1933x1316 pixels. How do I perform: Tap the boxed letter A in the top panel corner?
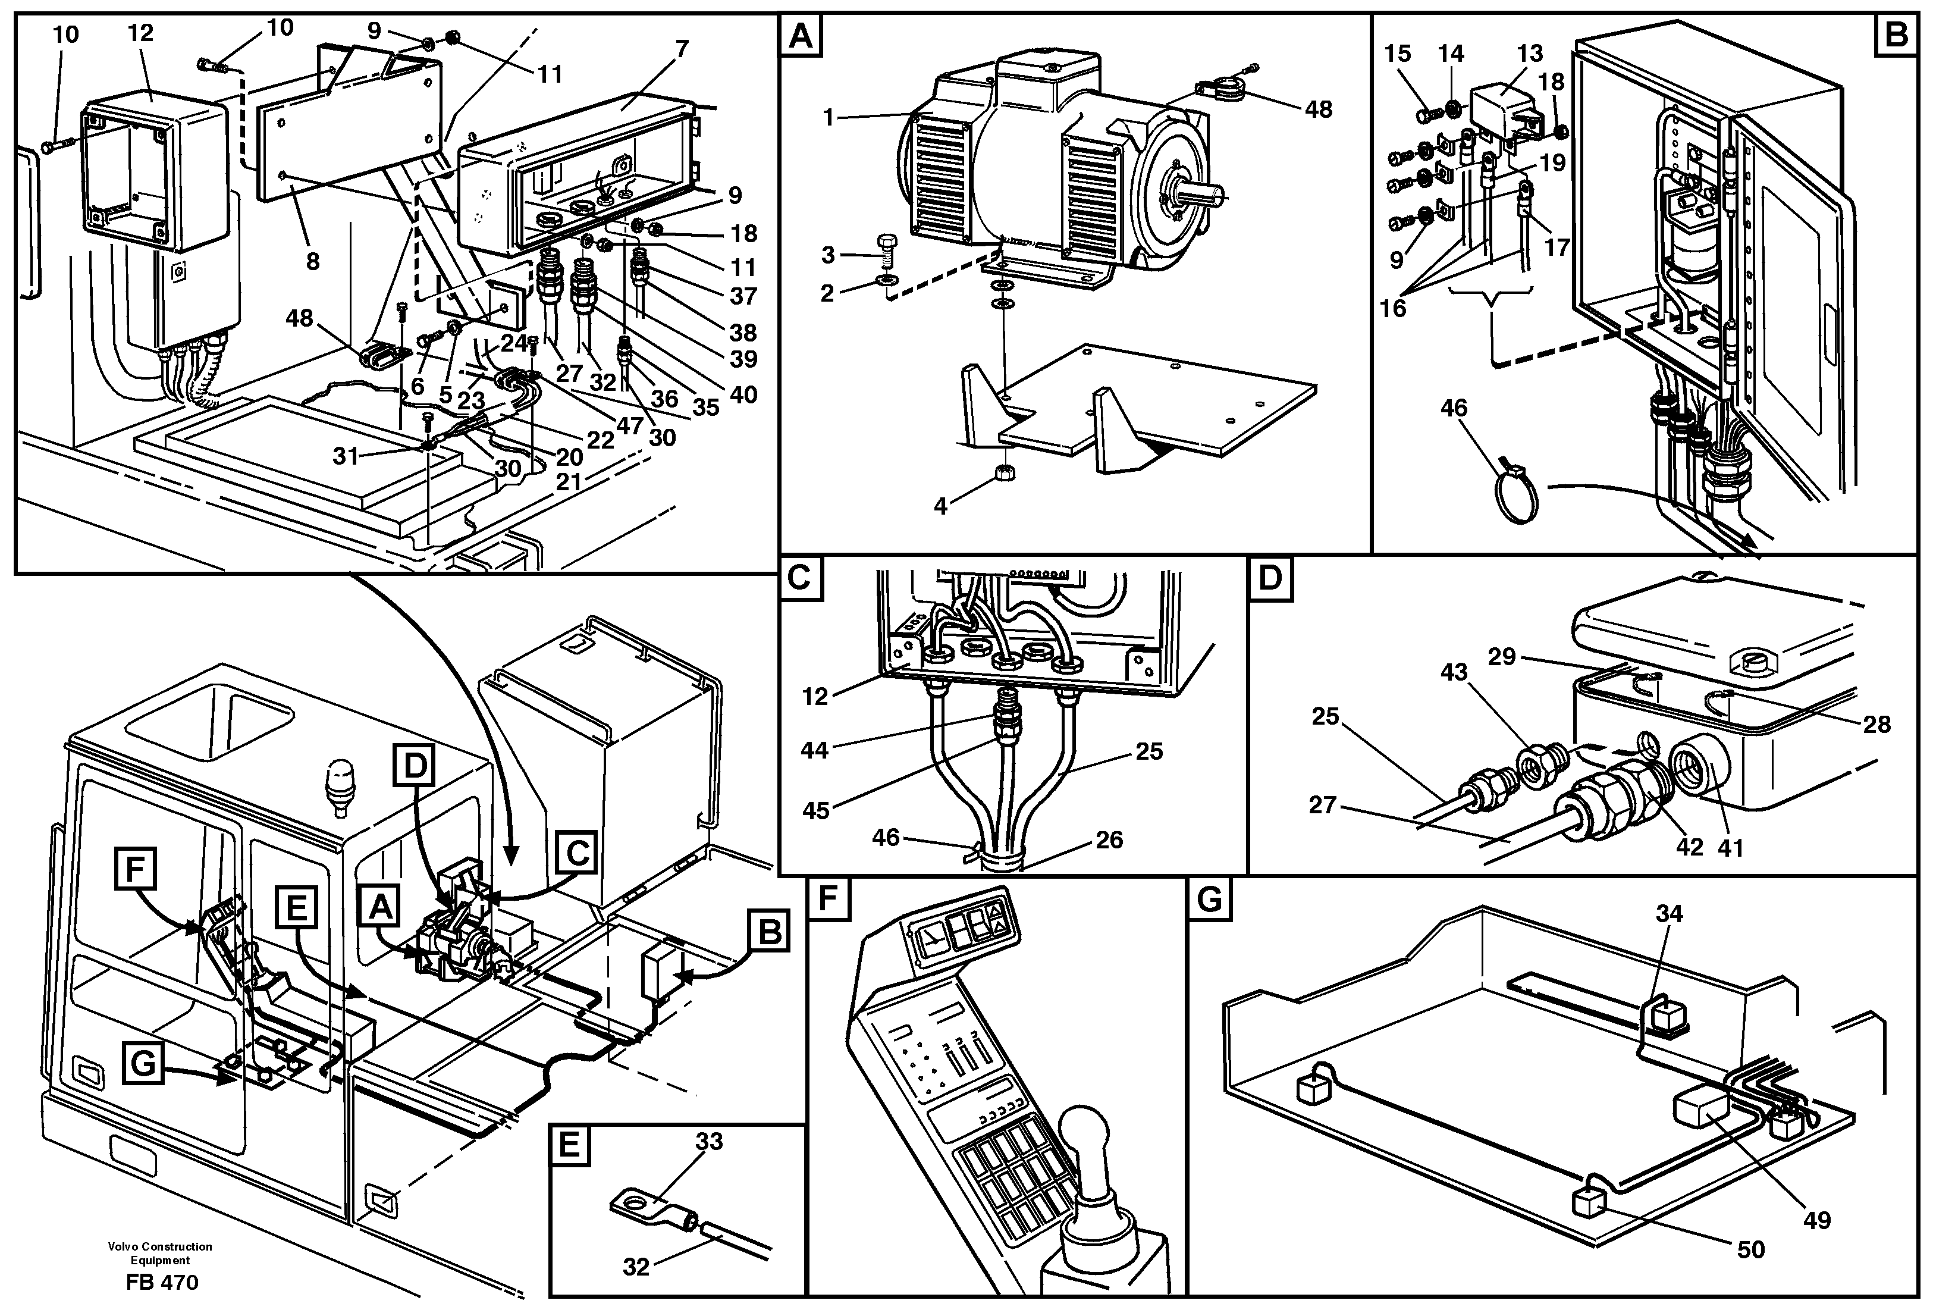[800, 37]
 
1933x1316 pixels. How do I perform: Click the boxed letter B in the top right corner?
[1896, 35]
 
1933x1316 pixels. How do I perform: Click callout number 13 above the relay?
[1529, 53]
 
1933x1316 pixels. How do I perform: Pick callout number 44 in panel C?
[814, 750]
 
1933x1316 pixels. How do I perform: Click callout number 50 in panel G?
[1751, 1249]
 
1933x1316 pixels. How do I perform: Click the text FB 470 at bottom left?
[162, 1283]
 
